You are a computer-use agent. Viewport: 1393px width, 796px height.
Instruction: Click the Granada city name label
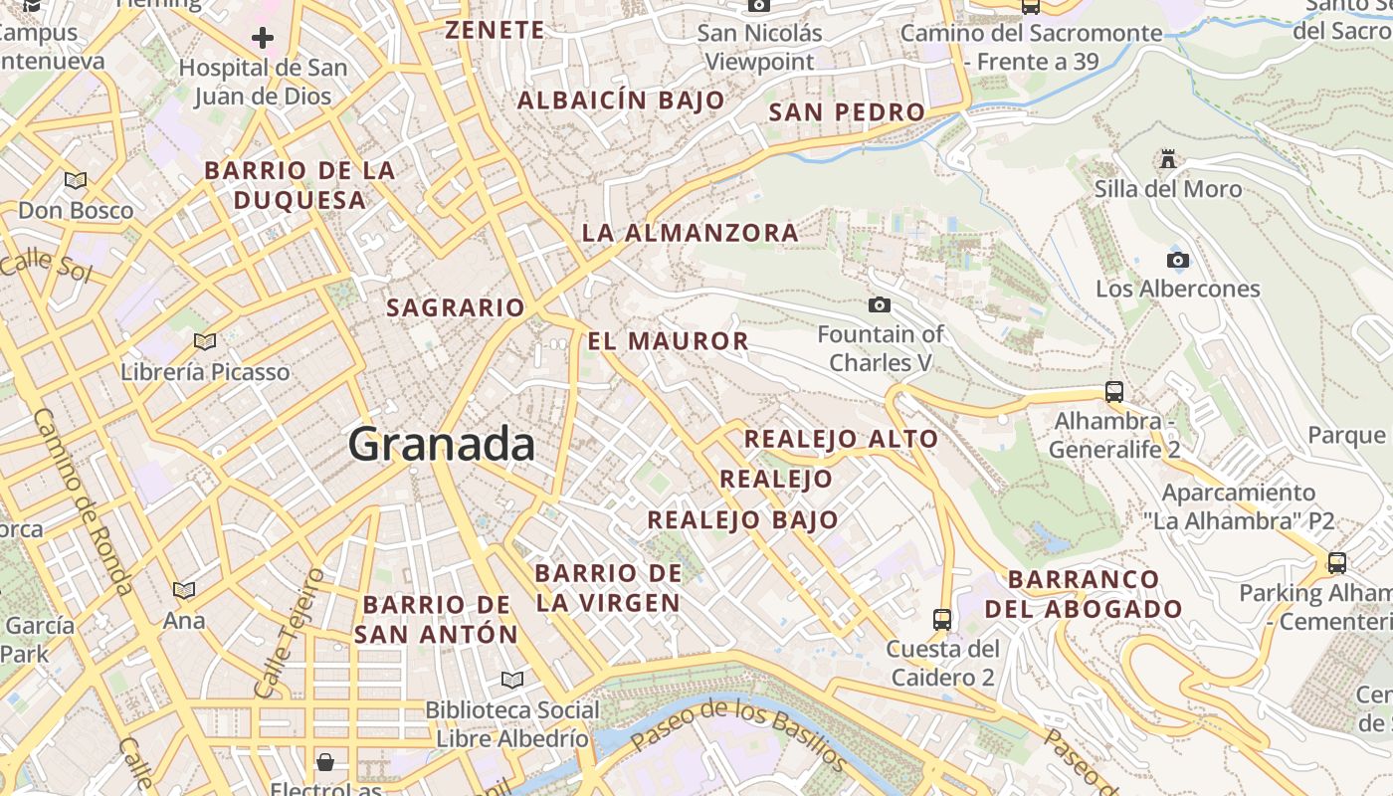[x=442, y=444]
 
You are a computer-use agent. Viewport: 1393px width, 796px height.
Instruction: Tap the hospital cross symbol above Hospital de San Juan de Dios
[x=263, y=39]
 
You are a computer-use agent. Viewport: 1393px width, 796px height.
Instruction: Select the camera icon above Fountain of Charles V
[x=880, y=304]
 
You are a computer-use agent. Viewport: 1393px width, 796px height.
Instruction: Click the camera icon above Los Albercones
[x=1178, y=261]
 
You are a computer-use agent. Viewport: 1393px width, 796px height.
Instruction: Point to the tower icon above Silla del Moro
[x=1168, y=159]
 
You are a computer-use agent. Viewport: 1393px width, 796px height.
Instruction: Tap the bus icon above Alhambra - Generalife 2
[x=1114, y=392]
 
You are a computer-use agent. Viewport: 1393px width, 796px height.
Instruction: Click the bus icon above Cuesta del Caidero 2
[x=942, y=620]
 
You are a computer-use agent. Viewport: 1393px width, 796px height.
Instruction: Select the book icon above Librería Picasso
[x=205, y=342]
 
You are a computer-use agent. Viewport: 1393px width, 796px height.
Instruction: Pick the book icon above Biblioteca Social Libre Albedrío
[x=512, y=681]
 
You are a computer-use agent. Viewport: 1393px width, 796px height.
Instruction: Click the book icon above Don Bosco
[x=76, y=181]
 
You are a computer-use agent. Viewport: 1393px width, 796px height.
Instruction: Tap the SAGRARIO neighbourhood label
[x=456, y=307]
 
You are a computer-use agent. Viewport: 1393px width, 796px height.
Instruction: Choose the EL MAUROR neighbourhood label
[x=668, y=341]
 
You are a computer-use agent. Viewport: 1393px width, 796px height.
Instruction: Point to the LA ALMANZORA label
[x=690, y=233]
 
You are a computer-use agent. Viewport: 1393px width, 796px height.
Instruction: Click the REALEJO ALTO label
[x=841, y=439]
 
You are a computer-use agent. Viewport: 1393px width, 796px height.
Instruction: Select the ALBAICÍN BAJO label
[x=621, y=100]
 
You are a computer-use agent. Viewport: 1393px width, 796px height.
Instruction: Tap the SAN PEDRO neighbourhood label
[x=847, y=112]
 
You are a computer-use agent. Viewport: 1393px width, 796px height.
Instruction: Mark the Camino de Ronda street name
[x=84, y=501]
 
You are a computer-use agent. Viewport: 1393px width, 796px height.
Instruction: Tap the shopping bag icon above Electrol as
[x=325, y=763]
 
